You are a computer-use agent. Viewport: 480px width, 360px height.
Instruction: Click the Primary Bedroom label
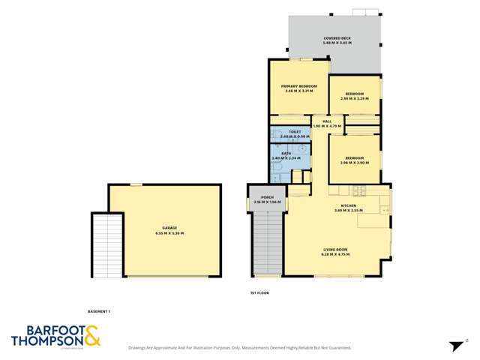[299, 88]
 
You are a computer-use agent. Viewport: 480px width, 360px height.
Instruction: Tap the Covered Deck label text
[337, 40]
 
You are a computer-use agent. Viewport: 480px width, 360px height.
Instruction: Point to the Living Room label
[337, 251]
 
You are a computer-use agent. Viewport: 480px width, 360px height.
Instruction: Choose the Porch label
[266, 200]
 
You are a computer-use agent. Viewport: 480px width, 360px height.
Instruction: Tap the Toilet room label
[284, 133]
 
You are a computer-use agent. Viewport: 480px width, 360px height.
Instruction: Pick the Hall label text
[327, 123]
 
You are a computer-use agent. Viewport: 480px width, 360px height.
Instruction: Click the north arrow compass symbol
[455, 346]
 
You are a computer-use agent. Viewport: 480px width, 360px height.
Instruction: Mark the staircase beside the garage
[106, 244]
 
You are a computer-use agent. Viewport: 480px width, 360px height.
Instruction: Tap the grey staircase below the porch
[268, 244]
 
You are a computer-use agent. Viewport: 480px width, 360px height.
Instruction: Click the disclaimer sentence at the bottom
[240, 348]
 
